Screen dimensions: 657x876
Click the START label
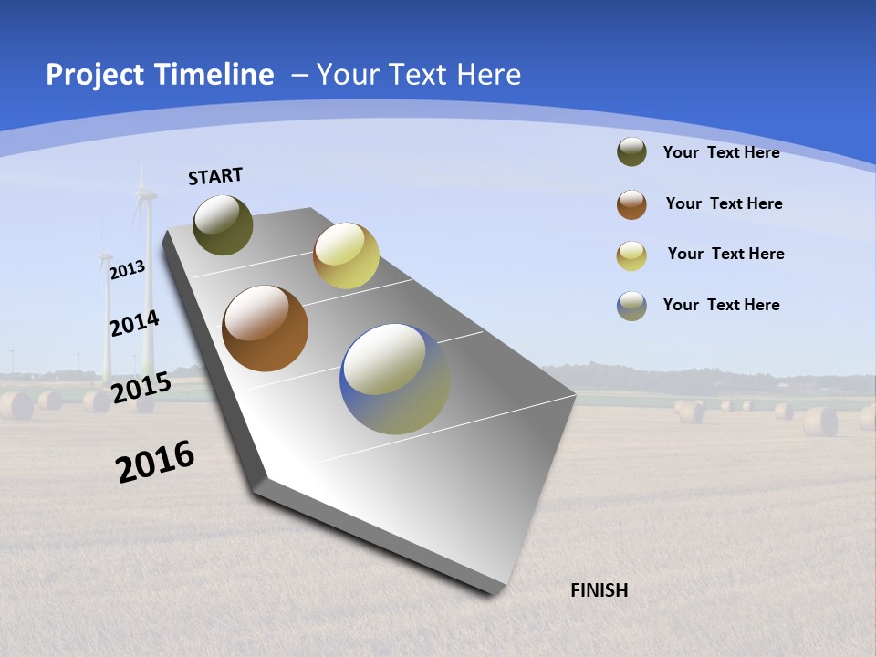pyautogui.click(x=215, y=176)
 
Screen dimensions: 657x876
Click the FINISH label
pyautogui.click(x=599, y=590)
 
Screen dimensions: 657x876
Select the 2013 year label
pyautogui.click(x=127, y=269)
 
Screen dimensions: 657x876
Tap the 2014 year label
pyautogui.click(x=134, y=324)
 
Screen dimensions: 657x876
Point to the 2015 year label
pyautogui.click(x=141, y=387)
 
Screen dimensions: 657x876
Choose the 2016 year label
pyautogui.click(x=155, y=461)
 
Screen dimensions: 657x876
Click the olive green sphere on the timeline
pyautogui.click(x=223, y=224)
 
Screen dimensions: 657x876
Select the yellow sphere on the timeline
pyautogui.click(x=346, y=255)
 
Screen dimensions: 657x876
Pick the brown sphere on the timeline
pyautogui.click(x=265, y=328)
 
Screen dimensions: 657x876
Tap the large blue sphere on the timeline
pyautogui.click(x=394, y=378)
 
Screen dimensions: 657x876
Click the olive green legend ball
pyautogui.click(x=631, y=151)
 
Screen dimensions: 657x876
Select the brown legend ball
pyautogui.click(x=631, y=204)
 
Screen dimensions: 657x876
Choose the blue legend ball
pyautogui.click(x=631, y=306)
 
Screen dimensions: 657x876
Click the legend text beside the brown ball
pyautogui.click(x=724, y=203)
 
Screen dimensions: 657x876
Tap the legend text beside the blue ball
pyautogui.click(x=721, y=305)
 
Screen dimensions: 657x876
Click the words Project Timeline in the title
pyautogui.click(x=160, y=75)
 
